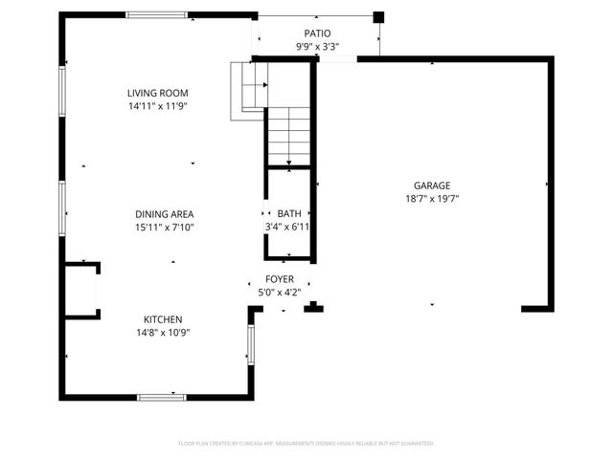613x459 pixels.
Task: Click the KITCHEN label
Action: [163, 319]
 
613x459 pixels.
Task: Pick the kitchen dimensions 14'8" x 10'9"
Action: [163, 333]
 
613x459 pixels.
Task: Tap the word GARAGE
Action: [432, 186]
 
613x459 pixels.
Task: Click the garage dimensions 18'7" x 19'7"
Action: [432, 199]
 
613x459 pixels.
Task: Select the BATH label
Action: [288, 213]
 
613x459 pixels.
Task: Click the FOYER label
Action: [280, 279]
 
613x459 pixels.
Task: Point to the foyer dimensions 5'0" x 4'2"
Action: [280, 293]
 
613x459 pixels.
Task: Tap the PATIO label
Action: [317, 33]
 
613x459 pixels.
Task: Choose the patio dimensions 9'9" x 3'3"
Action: [317, 46]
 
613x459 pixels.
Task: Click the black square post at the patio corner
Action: [378, 16]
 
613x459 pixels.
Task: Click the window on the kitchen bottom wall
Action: [161, 396]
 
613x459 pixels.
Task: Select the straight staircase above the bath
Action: [288, 134]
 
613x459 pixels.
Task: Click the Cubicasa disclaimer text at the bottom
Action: [306, 444]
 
